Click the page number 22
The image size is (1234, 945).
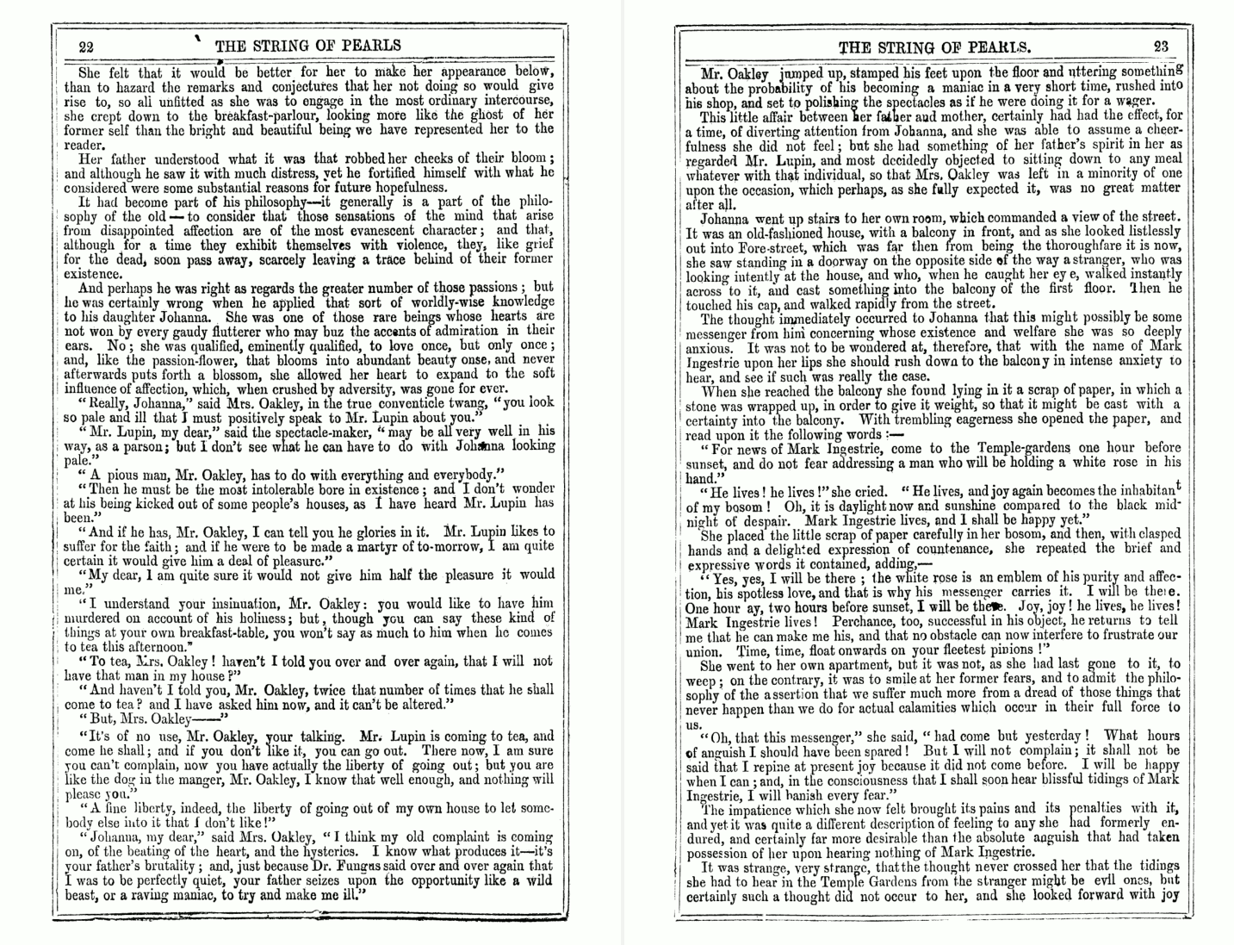[x=85, y=47]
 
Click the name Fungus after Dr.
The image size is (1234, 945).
[x=408, y=866]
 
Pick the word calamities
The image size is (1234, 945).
[x=957, y=707]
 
